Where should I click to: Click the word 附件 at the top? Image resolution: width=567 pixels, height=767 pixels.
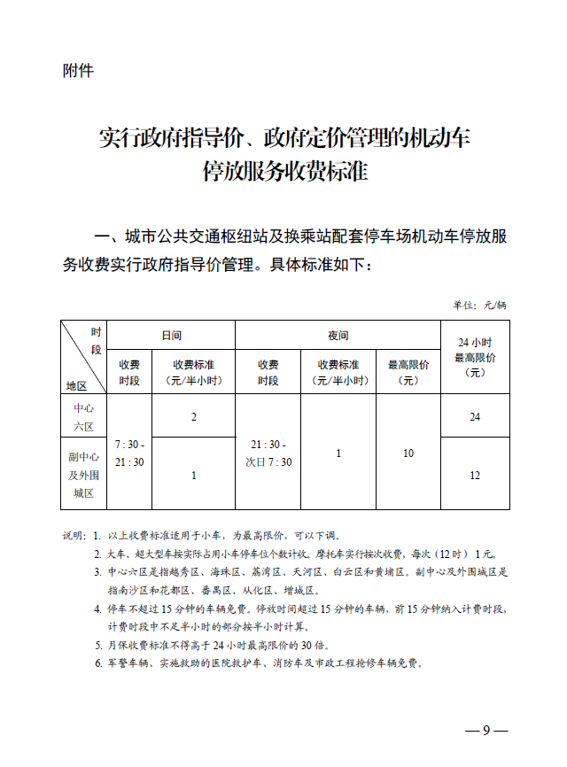(78, 71)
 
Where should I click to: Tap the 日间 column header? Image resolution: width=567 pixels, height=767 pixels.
(171, 336)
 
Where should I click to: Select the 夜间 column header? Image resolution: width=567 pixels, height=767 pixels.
(338, 336)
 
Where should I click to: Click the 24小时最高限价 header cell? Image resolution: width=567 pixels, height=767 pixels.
(475, 357)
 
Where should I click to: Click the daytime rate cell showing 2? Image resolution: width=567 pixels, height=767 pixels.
(193, 416)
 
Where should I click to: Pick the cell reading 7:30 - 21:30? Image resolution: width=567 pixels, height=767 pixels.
(130, 453)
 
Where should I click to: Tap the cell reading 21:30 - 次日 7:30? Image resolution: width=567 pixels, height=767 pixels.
(268, 453)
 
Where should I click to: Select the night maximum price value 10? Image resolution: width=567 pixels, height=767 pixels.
(408, 453)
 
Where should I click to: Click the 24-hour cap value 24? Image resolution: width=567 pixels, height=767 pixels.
(475, 416)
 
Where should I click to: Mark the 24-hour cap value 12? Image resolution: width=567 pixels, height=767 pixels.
(475, 476)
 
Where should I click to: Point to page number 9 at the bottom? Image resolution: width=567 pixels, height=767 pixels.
(486, 731)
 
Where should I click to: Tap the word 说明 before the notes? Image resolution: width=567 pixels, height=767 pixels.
(74, 536)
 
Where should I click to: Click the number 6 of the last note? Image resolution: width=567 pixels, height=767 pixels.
(97, 662)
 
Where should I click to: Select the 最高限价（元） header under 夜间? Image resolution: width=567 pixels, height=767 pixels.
(408, 372)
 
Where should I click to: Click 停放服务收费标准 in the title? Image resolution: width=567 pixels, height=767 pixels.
(284, 172)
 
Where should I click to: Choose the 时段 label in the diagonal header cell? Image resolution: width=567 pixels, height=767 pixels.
(96, 340)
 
